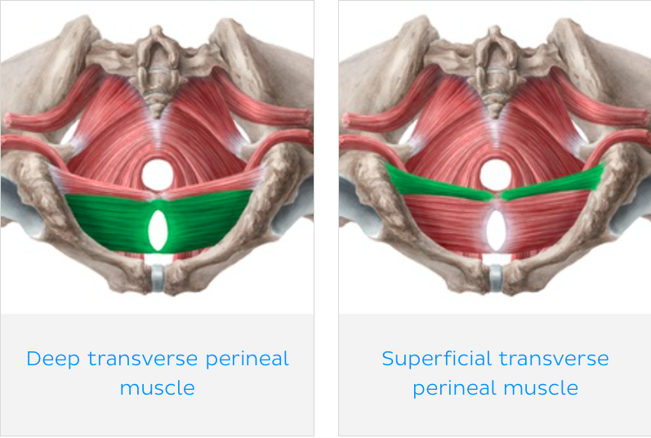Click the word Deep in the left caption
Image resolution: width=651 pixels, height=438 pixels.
pos(51,359)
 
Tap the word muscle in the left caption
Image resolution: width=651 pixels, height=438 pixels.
pos(157,387)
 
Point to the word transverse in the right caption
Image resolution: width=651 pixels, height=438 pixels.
pos(554,359)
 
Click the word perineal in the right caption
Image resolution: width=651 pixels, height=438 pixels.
pos(448,387)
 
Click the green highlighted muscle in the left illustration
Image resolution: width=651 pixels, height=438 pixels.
pos(106,221)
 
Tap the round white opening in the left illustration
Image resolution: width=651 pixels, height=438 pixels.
pos(158,174)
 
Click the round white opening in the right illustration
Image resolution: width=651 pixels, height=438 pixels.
pos(495,174)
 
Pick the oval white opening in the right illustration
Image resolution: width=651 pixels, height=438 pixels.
pos(496,230)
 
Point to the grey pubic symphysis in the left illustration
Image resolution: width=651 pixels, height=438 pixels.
pos(158,277)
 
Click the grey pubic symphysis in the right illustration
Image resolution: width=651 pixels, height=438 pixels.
pos(495,277)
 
